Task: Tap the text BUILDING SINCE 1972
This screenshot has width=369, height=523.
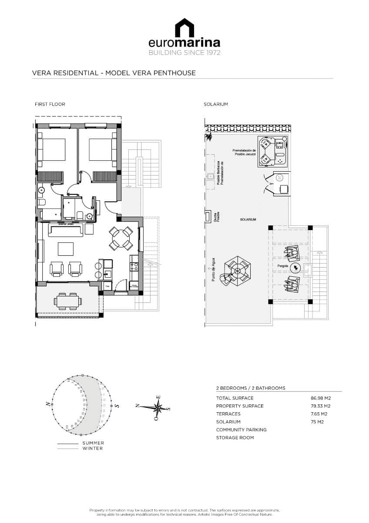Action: tap(184, 53)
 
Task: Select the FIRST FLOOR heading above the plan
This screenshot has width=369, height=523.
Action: tap(50, 104)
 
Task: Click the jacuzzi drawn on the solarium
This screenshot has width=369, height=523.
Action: tap(273, 151)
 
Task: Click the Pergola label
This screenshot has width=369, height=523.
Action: tap(281, 265)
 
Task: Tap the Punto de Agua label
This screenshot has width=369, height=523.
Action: tap(214, 270)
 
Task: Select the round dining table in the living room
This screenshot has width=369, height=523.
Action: tap(120, 238)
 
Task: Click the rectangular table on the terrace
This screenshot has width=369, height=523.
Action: tap(67, 301)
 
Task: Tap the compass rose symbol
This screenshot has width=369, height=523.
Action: tap(158, 408)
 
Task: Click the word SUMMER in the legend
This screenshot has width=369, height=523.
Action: tap(93, 443)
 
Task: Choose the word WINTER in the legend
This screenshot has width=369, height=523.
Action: tap(93, 448)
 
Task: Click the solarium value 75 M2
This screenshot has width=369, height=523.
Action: tap(318, 422)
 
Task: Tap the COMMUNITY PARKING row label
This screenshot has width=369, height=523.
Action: tap(241, 430)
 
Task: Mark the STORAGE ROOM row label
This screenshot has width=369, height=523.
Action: tap(235, 438)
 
